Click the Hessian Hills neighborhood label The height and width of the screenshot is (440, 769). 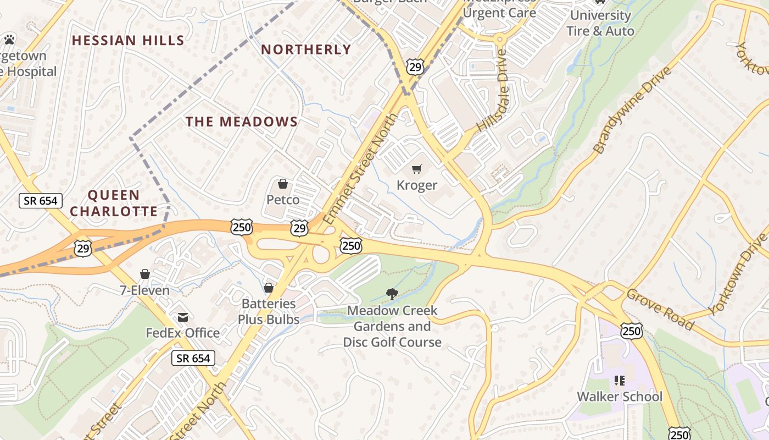point(128,40)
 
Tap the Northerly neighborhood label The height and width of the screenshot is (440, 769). point(306,50)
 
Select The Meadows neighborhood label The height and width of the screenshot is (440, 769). point(242,122)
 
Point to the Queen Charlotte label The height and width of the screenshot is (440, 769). point(114,203)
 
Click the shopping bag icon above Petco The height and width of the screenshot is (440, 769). point(283,184)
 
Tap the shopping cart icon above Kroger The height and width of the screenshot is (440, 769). point(417,169)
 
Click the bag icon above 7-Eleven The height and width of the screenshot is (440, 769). point(145,274)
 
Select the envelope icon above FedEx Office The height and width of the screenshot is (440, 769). point(182,317)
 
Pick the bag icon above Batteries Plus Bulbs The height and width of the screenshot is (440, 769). point(269,288)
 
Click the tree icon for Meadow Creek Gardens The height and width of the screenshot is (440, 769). point(392,294)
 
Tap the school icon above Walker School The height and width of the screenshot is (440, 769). point(620,381)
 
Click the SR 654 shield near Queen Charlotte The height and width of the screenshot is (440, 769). point(41,201)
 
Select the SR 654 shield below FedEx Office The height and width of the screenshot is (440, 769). point(193,359)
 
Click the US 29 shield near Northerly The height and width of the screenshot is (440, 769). point(415,67)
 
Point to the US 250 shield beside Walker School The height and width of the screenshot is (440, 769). point(632,331)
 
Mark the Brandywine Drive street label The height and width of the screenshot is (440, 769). point(632,111)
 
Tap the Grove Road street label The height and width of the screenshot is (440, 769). point(660,309)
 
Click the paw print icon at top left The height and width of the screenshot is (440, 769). point(9,39)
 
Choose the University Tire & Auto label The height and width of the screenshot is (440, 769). point(600,23)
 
